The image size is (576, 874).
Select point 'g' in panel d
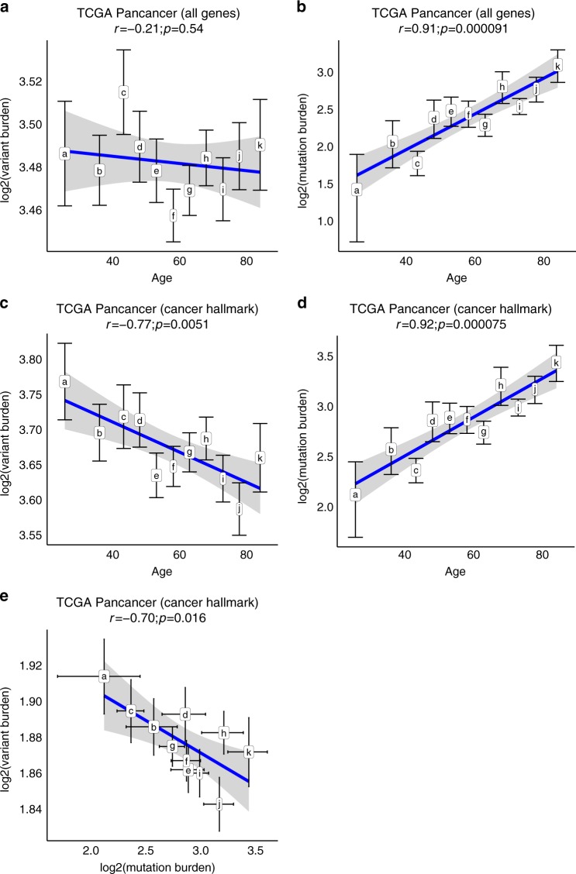point(484,432)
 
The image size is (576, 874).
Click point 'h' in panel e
point(224,732)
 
